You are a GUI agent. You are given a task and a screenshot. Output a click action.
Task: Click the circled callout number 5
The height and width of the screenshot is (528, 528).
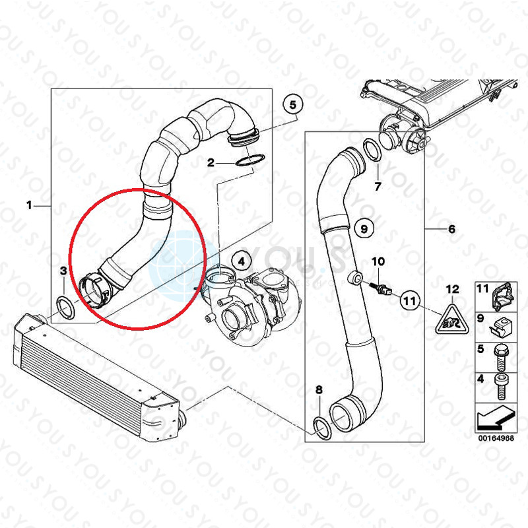pos(293,104)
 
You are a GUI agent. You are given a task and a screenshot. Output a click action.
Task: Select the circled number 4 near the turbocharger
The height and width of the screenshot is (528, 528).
pos(241,261)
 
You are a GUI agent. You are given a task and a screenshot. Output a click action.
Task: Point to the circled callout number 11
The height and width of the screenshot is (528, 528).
pos(409,300)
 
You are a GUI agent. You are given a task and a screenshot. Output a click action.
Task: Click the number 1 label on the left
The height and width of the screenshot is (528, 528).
pos(29,206)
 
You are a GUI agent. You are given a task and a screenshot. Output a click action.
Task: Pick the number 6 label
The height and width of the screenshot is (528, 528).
pos(451,229)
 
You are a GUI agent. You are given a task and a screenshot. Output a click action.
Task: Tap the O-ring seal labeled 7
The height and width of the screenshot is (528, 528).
pos(372,150)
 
